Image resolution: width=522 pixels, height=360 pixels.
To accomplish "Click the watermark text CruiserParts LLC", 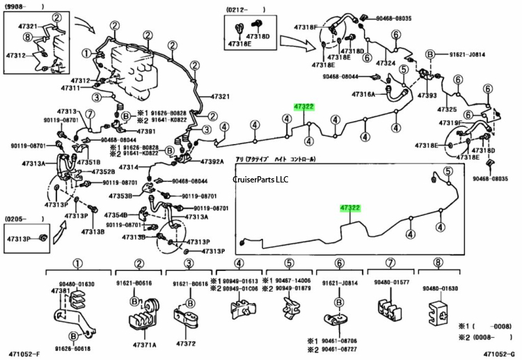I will [x=260, y=179].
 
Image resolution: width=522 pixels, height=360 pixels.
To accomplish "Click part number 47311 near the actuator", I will [x=71, y=88].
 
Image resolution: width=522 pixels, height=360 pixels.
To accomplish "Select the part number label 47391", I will [x=145, y=131].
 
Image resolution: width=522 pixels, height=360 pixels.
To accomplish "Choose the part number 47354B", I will [x=116, y=216].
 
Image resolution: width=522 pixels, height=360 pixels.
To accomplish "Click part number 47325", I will [x=447, y=109].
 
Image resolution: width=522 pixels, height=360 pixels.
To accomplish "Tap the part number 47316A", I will [x=363, y=94].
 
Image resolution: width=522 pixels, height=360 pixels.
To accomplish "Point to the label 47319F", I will [x=450, y=123].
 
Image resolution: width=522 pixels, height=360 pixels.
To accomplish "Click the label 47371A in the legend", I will [x=144, y=344].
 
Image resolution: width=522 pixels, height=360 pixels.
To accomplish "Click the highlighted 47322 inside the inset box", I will [x=350, y=208].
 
